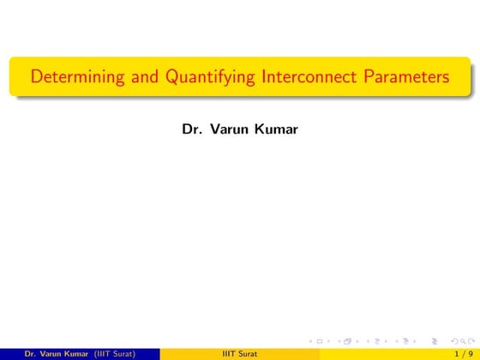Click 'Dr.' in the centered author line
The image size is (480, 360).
click(192, 129)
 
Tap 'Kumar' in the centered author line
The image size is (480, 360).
click(274, 129)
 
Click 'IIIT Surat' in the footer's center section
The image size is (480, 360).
click(240, 353)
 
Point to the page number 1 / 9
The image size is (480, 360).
click(462, 353)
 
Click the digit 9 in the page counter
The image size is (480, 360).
click(470, 353)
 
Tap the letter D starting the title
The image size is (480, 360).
click(36, 78)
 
